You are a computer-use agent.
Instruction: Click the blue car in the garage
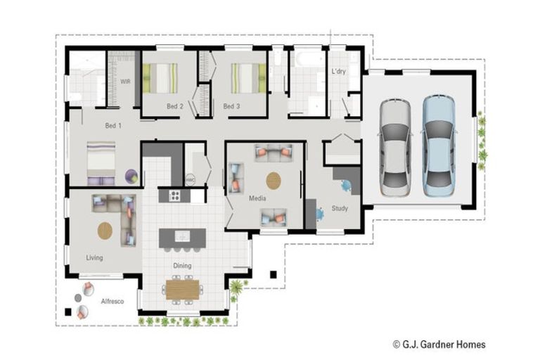coord(439,146)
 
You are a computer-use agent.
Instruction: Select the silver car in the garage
coord(395,148)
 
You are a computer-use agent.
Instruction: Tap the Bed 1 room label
coord(113,126)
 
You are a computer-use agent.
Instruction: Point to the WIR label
coord(125,82)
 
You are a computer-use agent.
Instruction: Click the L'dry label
coord(338,71)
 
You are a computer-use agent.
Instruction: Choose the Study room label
coord(340,208)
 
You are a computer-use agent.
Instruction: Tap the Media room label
coord(257,198)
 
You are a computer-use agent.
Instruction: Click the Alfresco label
coord(112,301)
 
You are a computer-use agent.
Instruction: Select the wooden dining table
coord(183,290)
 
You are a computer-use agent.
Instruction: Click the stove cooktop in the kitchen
coord(174,195)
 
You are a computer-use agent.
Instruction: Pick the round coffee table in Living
coord(105,231)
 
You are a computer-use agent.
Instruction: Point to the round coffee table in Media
coord(274,181)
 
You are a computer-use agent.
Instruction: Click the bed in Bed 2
coord(160,78)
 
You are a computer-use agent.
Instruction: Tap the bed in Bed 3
coord(248,78)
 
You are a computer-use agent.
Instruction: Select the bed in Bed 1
coord(101,163)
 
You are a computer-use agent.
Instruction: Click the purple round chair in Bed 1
coord(131,176)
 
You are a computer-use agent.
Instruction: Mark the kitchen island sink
coord(182,236)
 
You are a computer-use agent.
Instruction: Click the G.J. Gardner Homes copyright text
coord(439,344)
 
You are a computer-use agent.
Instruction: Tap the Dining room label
coord(182,266)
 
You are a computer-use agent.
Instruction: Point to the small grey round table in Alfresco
coord(78,297)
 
